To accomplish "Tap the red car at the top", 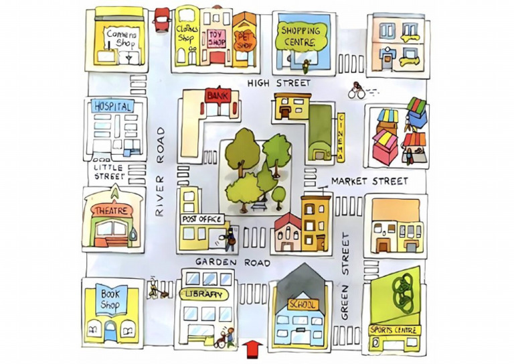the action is point(161,18).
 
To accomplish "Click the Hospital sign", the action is point(111,106).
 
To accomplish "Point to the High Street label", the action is point(279,82).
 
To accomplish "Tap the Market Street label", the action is point(369,181).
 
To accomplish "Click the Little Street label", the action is point(108,172).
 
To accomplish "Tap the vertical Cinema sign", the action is point(340,137).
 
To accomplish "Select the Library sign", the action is point(205,294).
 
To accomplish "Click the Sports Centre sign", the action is point(395,330).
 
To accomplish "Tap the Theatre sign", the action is point(111,210).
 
